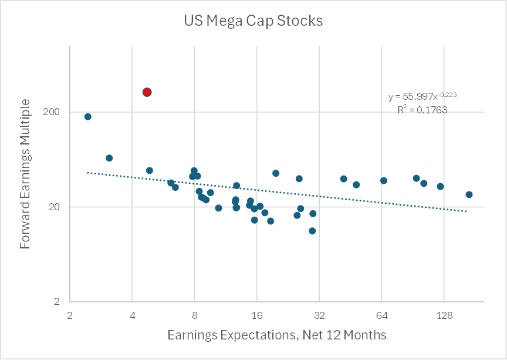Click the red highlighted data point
click(147, 92)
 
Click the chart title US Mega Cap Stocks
click(253, 21)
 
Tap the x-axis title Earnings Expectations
click(276, 335)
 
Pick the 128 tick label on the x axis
click(444, 315)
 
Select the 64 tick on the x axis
click(381, 315)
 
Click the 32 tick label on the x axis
click(319, 315)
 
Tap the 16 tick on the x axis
click(257, 315)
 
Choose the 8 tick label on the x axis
click(195, 315)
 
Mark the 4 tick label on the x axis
click(133, 315)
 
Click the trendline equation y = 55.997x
click(422, 96)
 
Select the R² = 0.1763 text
click(422, 109)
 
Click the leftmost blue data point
click(88, 116)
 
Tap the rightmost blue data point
click(469, 194)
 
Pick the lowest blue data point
click(312, 231)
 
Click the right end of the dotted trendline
click(467, 211)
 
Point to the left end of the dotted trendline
click(87, 173)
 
